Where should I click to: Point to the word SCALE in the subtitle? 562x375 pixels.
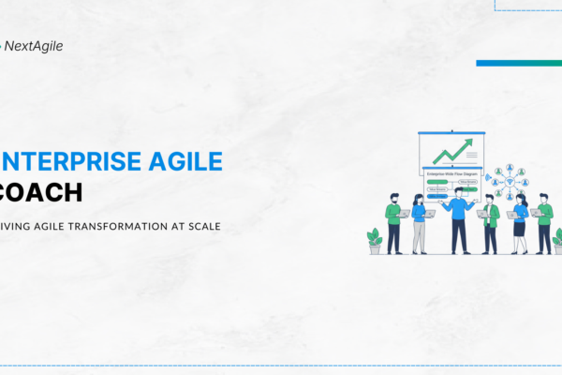pyautogui.click(x=202, y=226)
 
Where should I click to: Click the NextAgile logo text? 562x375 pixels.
pyautogui.click(x=34, y=45)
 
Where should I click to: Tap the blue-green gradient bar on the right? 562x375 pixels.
pyautogui.click(x=518, y=63)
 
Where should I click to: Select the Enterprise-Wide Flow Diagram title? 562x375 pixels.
pyautogui.click(x=452, y=175)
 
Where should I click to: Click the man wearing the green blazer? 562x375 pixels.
pyautogui.click(x=490, y=223)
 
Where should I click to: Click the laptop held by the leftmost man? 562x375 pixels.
pyautogui.click(x=404, y=214)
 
